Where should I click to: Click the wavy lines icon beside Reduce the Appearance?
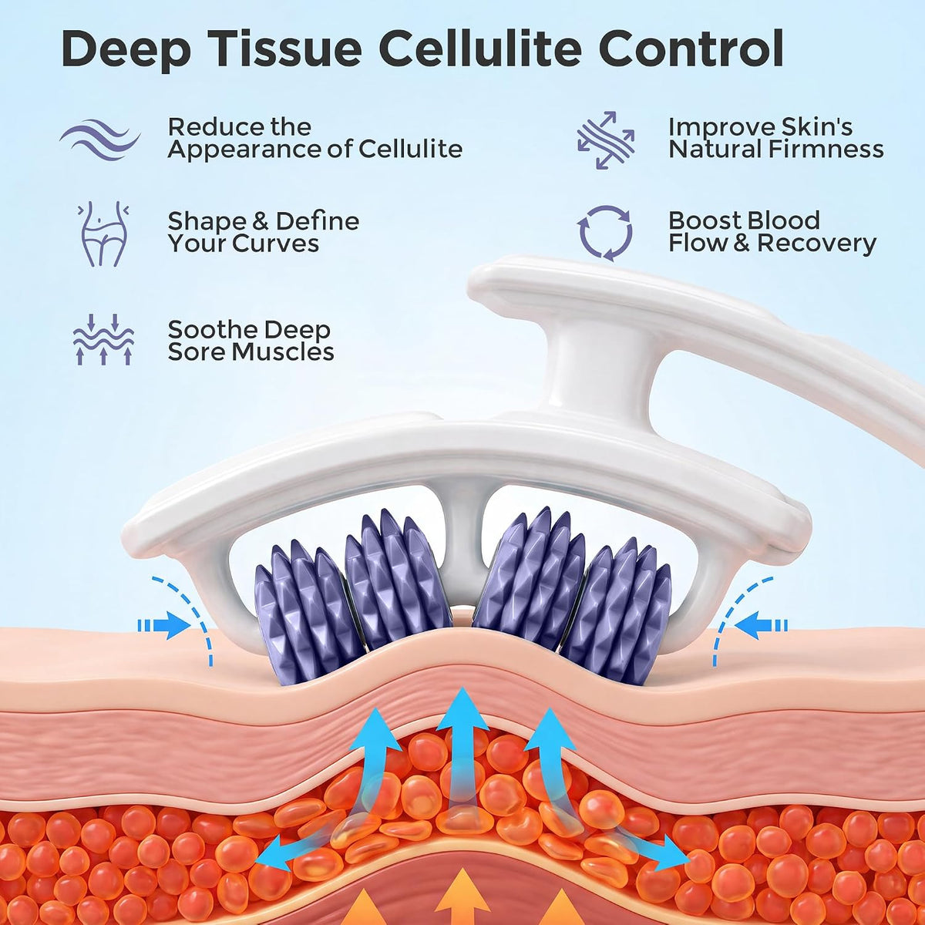click(x=100, y=140)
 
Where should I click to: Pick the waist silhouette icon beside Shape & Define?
click(x=103, y=234)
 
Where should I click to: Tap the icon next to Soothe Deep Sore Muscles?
click(x=103, y=339)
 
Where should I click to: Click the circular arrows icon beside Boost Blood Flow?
click(x=604, y=234)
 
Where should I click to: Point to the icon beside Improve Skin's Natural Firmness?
click(x=605, y=140)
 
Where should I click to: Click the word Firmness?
click(x=826, y=149)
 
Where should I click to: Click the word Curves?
click(x=277, y=244)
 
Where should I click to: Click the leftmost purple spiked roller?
click(x=308, y=608)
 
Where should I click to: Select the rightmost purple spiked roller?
click(x=617, y=607)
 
